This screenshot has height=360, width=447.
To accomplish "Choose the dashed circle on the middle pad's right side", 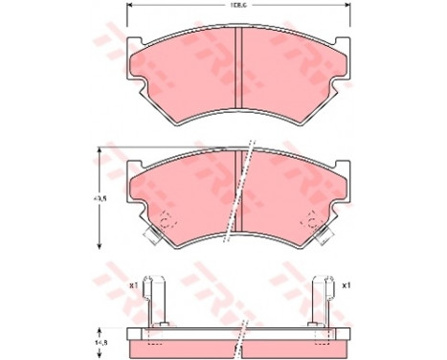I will coord(312,218).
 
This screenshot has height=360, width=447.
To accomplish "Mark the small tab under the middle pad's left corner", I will coord(151,232).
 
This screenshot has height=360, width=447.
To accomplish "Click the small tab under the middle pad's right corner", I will coord(324,232).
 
